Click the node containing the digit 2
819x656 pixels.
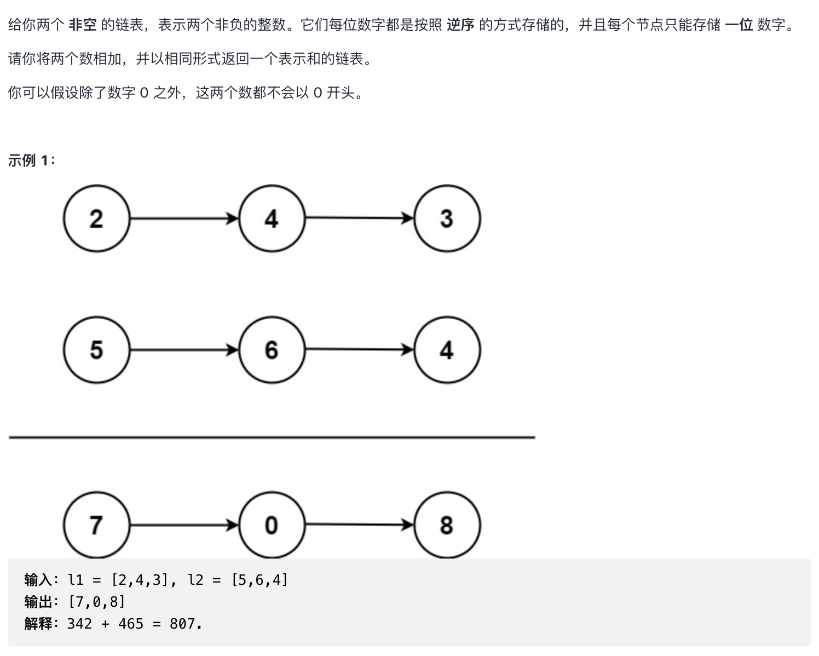tap(96, 218)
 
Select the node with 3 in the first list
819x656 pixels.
tap(447, 218)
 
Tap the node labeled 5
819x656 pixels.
tap(96, 350)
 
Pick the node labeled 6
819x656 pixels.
tap(272, 350)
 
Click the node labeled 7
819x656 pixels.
tap(96, 525)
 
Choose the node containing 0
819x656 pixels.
tap(272, 525)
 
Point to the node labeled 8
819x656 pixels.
tap(447, 525)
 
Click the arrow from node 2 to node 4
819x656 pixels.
tap(184, 219)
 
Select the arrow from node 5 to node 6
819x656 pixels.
tap(184, 350)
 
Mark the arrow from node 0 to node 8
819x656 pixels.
tap(359, 525)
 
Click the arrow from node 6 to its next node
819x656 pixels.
tap(359, 350)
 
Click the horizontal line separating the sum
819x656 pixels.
tap(272, 438)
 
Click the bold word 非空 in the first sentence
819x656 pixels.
tap(83, 25)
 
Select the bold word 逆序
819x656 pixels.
tap(460, 25)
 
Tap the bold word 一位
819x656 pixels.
tap(739, 25)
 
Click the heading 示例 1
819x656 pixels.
tap(31, 160)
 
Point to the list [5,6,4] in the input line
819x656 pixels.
tap(259, 580)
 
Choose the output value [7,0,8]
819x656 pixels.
tap(97, 602)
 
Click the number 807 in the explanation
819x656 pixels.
tap(182, 624)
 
